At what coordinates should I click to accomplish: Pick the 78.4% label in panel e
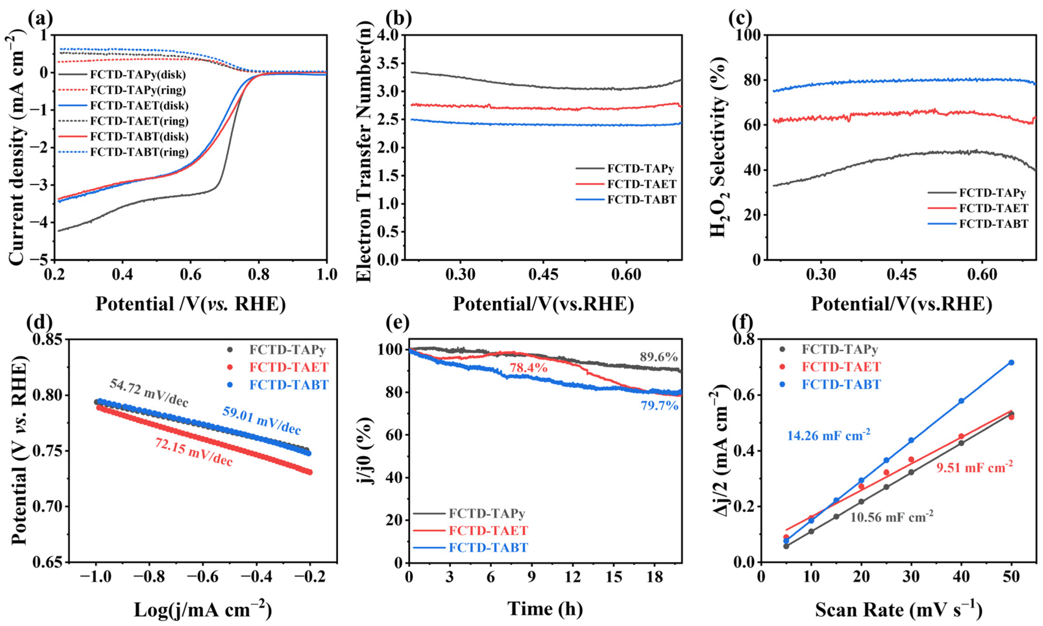tap(528, 368)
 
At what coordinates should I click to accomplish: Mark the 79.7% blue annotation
tap(660, 406)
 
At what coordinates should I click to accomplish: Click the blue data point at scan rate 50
tap(1011, 363)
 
